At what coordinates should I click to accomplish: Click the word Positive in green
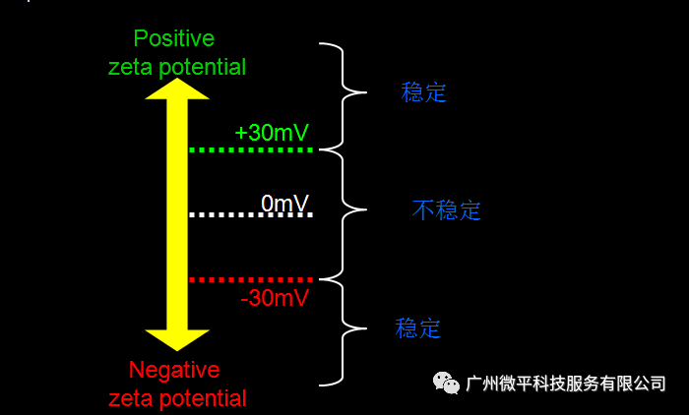tap(173, 38)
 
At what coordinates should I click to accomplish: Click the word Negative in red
tap(174, 371)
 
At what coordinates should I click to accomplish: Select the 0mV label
tap(285, 203)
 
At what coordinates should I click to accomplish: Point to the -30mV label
tap(275, 297)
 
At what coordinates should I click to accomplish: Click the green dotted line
tap(250, 149)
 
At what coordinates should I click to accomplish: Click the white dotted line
tap(250, 213)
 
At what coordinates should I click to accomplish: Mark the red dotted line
tap(250, 280)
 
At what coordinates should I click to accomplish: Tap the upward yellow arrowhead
tap(177, 89)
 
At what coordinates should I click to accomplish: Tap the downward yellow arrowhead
tap(177, 338)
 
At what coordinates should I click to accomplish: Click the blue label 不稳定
tap(446, 210)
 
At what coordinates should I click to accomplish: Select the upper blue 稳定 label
tap(424, 93)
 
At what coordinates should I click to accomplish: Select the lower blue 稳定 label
tap(417, 328)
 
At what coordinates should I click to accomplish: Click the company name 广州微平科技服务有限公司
tap(566, 383)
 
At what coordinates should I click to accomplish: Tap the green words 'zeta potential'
tap(178, 66)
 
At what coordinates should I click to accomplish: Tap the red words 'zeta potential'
tap(178, 398)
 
